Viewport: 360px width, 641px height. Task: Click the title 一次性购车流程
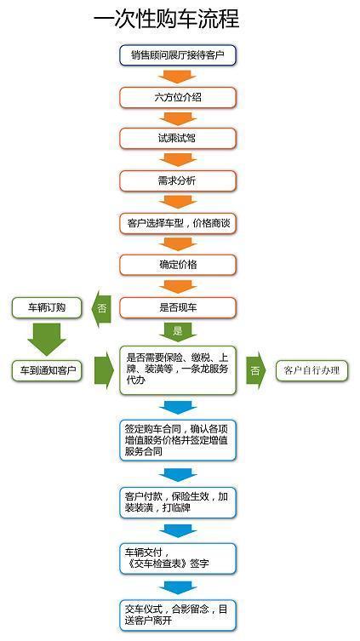tap(166, 19)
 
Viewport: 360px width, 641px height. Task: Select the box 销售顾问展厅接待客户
tap(177, 55)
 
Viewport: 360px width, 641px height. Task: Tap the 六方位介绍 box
tap(177, 97)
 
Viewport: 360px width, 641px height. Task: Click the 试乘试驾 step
tap(177, 139)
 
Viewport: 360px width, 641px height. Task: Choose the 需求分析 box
tap(177, 180)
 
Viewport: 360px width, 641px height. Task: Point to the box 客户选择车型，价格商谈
tap(177, 223)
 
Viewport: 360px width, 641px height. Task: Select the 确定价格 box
tap(177, 265)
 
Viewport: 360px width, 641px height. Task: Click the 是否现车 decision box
tap(177, 306)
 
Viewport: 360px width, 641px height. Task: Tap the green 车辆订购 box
tap(47, 306)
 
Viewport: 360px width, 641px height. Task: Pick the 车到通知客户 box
tap(47, 370)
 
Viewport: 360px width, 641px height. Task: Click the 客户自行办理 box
tap(311, 370)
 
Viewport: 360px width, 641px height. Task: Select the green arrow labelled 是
tap(177, 329)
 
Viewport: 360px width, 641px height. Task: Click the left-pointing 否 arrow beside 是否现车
tap(102, 307)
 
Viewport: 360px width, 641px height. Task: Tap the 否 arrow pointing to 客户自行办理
tap(254, 370)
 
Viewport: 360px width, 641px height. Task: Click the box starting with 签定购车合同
tap(177, 440)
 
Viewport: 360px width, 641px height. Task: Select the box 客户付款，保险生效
tap(177, 503)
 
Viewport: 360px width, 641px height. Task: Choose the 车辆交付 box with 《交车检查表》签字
tap(177, 557)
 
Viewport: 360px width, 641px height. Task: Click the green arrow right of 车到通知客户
tap(104, 370)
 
